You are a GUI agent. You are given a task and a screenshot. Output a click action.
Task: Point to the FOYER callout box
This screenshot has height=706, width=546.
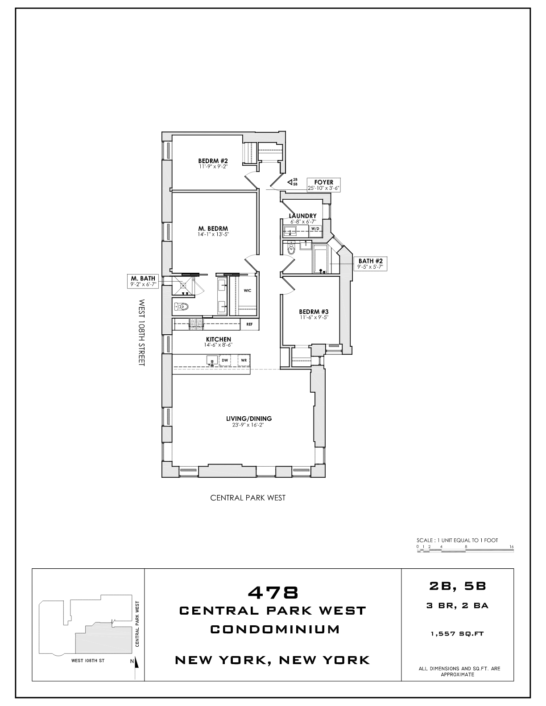pos(324,185)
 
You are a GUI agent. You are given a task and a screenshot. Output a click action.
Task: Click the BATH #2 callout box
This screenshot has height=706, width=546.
pos(370,264)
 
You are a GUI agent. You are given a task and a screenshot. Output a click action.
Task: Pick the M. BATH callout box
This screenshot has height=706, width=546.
pos(143,282)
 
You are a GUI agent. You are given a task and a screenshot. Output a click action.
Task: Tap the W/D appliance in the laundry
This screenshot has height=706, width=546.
pos(315,229)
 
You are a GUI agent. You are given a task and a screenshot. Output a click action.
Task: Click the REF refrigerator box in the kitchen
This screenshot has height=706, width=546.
pos(249,324)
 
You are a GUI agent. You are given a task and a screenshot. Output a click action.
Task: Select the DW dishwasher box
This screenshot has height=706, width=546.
pos(225,360)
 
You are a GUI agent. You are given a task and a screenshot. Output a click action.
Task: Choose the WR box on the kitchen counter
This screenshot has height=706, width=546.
pos(244,360)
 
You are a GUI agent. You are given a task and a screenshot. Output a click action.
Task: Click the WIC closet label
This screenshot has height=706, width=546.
pos(248,291)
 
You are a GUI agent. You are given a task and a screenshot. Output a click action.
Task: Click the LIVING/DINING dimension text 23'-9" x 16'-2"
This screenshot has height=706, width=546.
pos(248,425)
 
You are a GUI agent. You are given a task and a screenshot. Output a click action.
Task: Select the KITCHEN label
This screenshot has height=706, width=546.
pos(218,339)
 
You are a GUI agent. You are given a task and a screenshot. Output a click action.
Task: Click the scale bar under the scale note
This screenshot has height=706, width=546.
pos(466,551)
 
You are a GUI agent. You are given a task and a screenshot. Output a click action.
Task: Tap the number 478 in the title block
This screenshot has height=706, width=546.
pos(273,592)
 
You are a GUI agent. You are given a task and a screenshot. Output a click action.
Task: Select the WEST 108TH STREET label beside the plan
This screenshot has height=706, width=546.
pos(142,332)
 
